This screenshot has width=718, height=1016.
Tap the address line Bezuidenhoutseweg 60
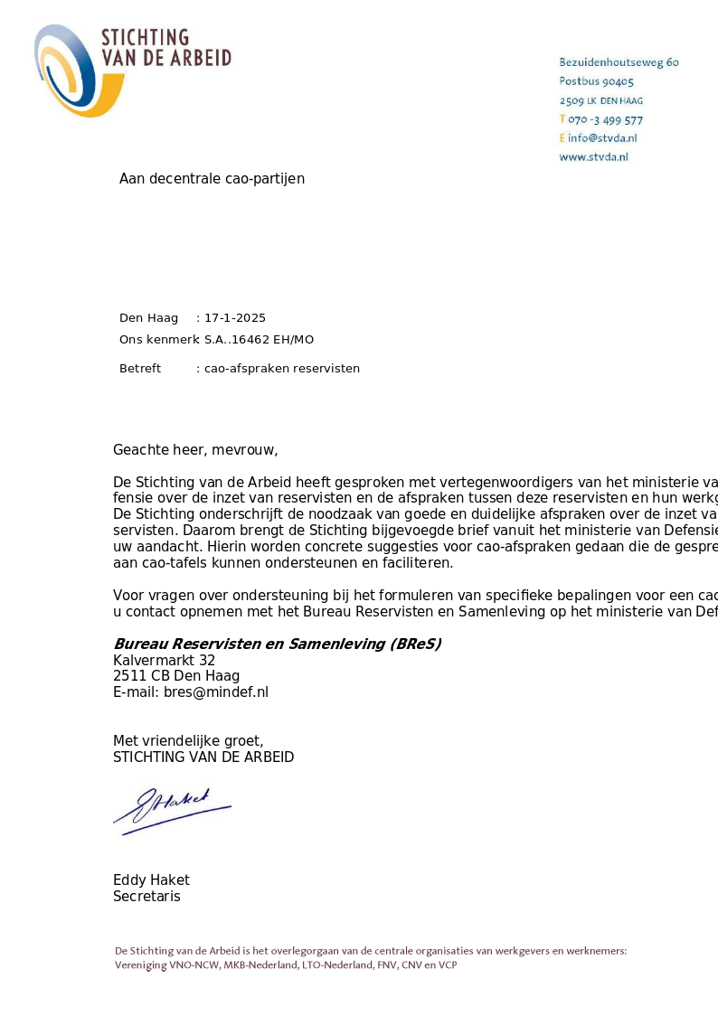(619, 62)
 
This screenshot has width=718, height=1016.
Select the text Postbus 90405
(596, 81)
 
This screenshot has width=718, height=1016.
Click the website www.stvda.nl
(593, 156)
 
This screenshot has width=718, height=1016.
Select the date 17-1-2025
(235, 318)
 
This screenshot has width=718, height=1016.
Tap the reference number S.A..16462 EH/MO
(259, 340)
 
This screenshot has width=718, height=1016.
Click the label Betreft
(140, 369)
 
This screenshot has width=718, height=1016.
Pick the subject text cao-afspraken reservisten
(282, 369)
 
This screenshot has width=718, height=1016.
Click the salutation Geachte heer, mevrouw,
(195, 450)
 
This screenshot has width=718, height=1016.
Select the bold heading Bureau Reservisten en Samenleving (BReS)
(277, 644)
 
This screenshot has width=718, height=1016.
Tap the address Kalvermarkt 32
(164, 661)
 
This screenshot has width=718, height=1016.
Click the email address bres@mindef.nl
(216, 692)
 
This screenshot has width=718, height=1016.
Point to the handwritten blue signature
(171, 809)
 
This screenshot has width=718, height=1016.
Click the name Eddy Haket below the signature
(151, 880)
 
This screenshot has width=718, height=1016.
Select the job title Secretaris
(146, 897)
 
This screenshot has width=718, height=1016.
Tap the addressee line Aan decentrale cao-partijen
(212, 179)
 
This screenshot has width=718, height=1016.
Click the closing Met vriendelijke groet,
(188, 741)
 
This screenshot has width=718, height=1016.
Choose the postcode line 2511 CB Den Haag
(176, 676)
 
